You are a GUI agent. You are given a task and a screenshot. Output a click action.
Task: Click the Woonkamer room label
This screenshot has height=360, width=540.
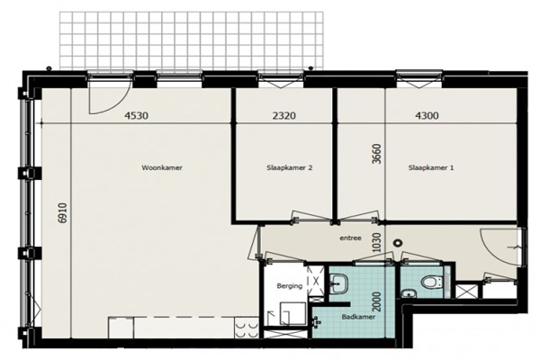click(162, 167)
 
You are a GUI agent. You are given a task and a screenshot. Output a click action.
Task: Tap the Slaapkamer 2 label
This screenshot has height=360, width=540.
click(290, 167)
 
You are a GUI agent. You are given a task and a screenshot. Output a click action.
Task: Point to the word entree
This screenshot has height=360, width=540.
click(350, 238)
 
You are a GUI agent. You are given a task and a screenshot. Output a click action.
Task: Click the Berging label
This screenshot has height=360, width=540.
click(290, 285)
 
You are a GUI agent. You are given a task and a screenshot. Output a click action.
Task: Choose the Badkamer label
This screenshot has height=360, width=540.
click(358, 317)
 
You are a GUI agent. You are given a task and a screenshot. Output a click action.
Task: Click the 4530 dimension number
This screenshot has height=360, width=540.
click(137, 115)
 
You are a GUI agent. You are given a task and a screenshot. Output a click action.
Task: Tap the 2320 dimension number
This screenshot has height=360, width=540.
click(283, 115)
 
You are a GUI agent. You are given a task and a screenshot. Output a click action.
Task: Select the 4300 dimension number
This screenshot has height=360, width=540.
click(427, 115)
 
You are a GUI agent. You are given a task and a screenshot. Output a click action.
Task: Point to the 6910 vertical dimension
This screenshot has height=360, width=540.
click(62, 213)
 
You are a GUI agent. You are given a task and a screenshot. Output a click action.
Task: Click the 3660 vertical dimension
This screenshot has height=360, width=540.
click(377, 154)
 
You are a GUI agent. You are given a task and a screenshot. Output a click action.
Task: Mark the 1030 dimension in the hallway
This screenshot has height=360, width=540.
click(377, 242)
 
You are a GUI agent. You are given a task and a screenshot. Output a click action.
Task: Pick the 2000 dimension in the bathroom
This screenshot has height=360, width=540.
click(377, 302)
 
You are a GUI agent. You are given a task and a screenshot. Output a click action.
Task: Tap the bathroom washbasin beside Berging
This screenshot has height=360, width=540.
click(339, 283)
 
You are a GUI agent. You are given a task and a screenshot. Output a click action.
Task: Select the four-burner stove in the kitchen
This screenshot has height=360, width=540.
click(247, 328)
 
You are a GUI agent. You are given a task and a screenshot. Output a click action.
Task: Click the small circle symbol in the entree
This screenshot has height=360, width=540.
click(398, 242)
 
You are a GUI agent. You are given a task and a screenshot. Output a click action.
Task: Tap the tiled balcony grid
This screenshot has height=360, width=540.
click(192, 40)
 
